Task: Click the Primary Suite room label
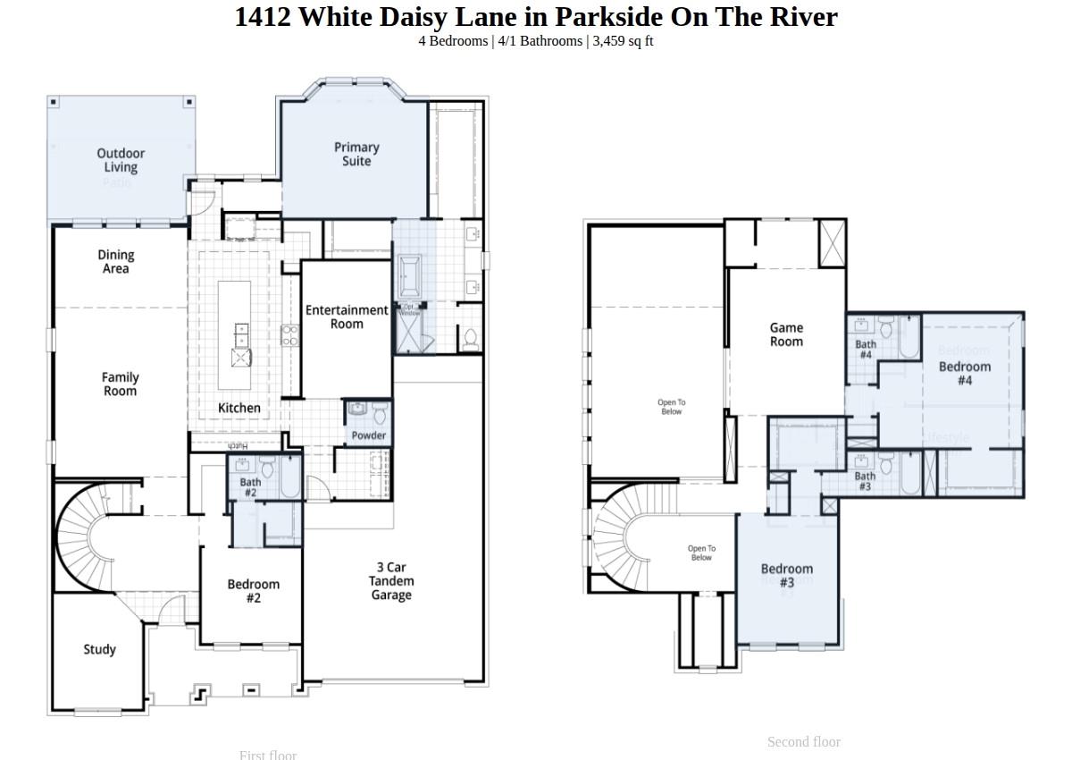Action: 356,154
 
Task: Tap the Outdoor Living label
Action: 121,160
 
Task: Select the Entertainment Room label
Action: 347,317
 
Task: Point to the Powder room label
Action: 368,435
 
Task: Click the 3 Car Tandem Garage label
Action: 391,581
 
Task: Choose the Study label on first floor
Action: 99,649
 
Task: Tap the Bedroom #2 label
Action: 253,591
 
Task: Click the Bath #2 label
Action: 251,487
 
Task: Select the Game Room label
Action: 786,334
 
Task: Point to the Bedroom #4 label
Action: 965,373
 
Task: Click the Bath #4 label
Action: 866,349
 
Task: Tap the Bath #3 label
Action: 865,481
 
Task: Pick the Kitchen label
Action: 239,408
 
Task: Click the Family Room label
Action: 120,384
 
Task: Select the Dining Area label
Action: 115,261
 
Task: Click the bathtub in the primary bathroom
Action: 410,276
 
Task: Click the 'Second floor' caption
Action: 803,741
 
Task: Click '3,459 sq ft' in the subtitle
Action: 623,41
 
